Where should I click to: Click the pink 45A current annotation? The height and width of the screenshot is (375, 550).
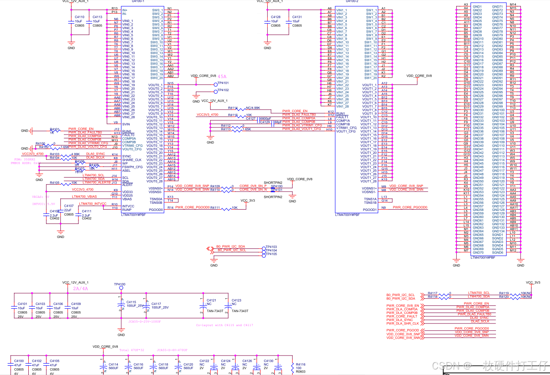(x=222, y=77)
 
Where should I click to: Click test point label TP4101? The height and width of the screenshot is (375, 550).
(x=223, y=84)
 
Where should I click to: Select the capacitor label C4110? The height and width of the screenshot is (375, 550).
(x=79, y=17)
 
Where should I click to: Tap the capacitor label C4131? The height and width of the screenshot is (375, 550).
(x=297, y=17)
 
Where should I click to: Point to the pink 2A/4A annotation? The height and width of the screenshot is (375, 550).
(x=81, y=289)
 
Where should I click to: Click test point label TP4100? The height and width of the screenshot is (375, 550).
(x=120, y=284)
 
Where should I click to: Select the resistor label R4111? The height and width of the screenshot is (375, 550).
(x=215, y=208)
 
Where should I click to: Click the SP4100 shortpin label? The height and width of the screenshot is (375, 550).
(x=276, y=186)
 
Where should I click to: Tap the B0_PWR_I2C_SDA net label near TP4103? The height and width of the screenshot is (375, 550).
(x=230, y=246)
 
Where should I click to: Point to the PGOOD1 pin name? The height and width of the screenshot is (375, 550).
(x=370, y=209)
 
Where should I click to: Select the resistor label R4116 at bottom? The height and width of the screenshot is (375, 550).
(x=301, y=364)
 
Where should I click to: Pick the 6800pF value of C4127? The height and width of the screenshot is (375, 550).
(x=265, y=119)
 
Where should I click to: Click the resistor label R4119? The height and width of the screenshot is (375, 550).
(x=504, y=293)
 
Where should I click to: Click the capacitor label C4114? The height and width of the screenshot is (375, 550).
(x=114, y=364)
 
